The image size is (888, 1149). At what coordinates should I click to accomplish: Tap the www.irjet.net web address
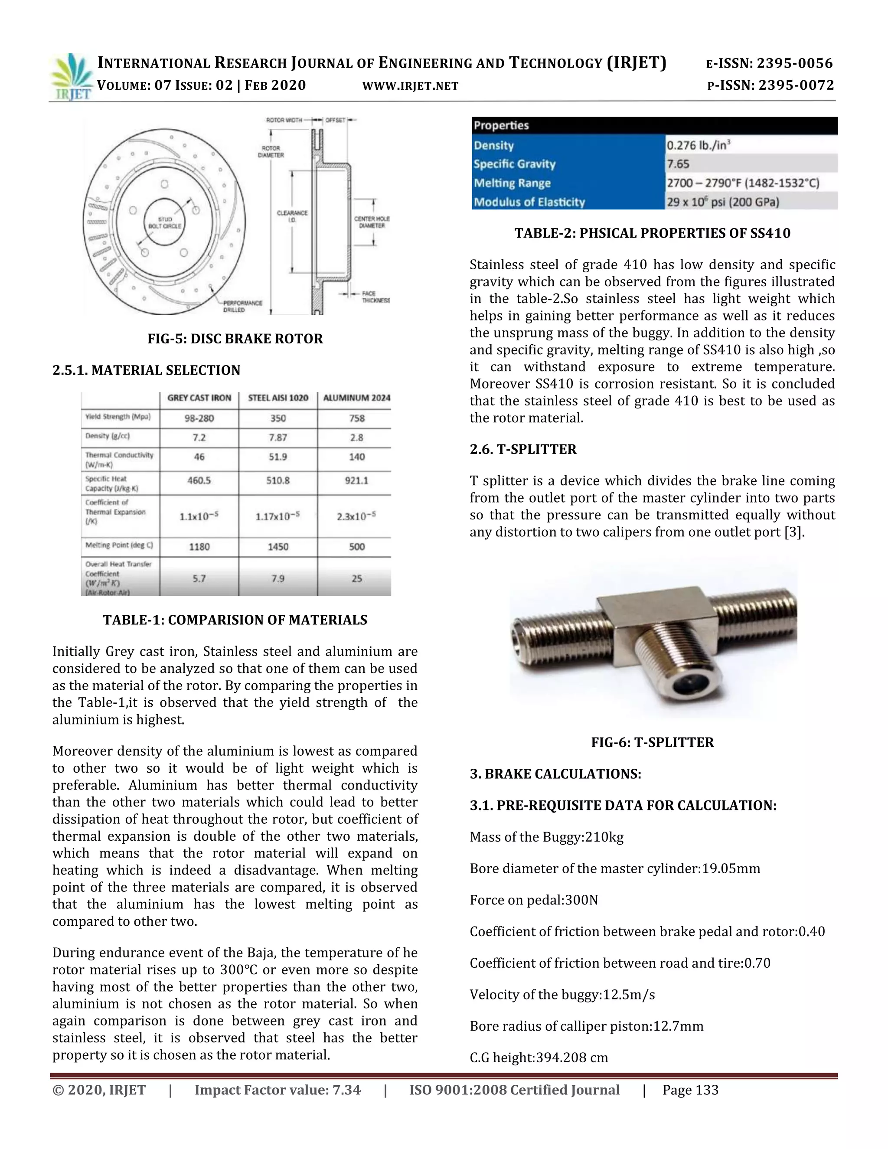click(410, 86)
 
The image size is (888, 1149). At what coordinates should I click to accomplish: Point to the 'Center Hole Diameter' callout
click(372, 222)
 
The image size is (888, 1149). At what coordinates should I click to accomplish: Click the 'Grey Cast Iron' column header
click(199, 398)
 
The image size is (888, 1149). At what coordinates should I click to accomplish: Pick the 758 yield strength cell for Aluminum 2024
click(357, 418)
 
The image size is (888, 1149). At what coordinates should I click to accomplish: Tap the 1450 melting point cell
click(278, 547)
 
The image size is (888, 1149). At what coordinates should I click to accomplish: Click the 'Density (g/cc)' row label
click(108, 436)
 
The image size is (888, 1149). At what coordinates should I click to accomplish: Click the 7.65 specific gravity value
click(678, 164)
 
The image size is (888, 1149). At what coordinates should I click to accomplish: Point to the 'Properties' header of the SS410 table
click(501, 125)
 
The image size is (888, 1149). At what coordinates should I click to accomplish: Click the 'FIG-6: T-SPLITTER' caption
click(652, 742)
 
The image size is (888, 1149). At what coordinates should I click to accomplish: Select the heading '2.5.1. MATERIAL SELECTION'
click(146, 370)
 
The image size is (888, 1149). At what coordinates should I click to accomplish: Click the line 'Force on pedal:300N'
click(534, 900)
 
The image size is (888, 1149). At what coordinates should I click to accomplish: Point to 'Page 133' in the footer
click(690, 1090)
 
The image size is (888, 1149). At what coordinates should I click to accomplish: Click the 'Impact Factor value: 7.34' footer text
click(278, 1090)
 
